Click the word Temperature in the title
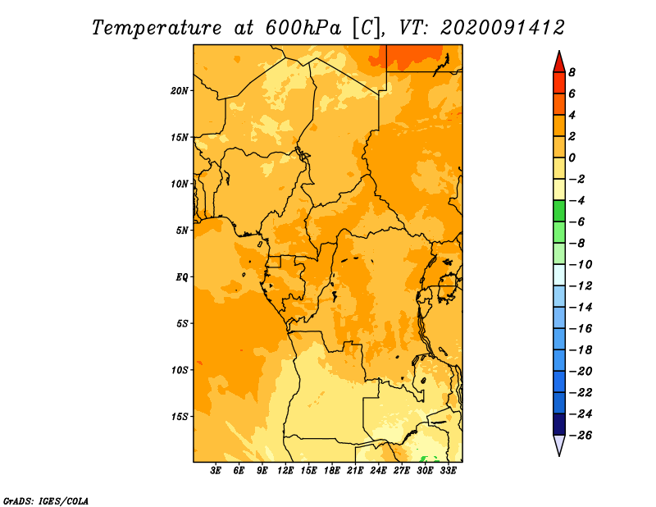click(x=157, y=28)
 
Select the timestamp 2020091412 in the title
click(x=503, y=28)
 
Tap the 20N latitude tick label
click(x=180, y=90)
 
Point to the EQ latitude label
click(x=181, y=276)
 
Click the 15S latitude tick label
click(x=180, y=416)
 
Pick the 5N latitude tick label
click(x=182, y=231)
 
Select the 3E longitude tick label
click(x=216, y=470)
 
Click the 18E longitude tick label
click(x=332, y=470)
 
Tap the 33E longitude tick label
click(x=448, y=470)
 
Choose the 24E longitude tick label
click(x=378, y=470)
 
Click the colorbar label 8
click(x=572, y=72)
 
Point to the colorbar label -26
click(x=581, y=435)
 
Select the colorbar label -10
click(x=581, y=264)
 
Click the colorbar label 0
click(x=572, y=158)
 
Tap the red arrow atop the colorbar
click(x=559, y=62)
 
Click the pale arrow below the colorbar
click(x=559, y=445)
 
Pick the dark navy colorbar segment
click(x=559, y=424)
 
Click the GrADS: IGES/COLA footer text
click(x=46, y=501)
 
